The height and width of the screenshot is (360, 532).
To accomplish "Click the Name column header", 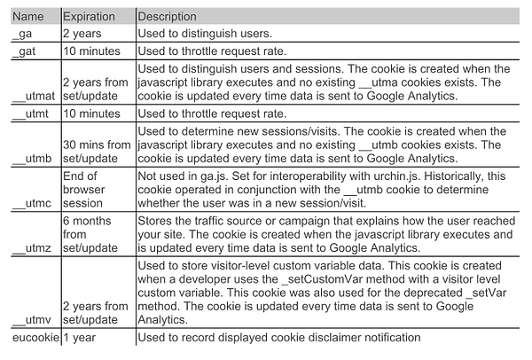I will (27, 17).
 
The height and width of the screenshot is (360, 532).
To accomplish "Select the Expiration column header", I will (93, 17).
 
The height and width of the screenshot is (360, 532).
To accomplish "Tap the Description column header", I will (168, 17).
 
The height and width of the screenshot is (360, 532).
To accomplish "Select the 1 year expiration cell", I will (81, 337).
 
